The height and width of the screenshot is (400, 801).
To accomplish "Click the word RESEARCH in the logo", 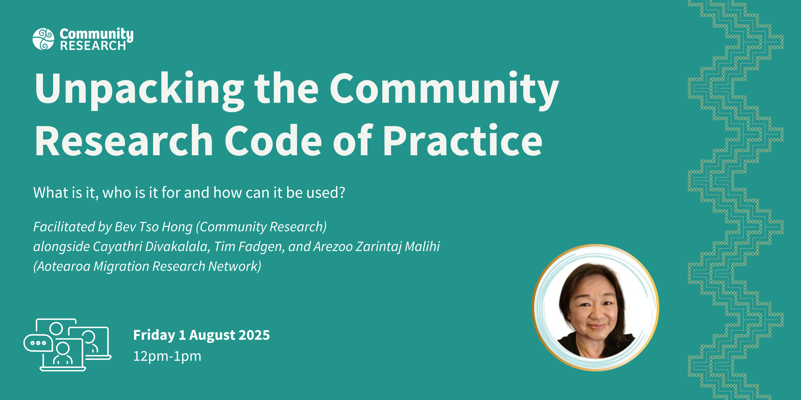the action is click(x=93, y=46).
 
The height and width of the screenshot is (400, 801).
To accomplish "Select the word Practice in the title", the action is click(x=463, y=140).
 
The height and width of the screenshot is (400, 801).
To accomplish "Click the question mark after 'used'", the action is click(x=342, y=192).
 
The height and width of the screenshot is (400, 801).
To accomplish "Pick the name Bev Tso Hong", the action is click(x=154, y=227).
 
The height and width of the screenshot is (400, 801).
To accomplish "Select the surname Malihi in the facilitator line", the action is click(x=422, y=246).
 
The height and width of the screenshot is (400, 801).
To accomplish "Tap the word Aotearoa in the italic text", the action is click(x=63, y=266).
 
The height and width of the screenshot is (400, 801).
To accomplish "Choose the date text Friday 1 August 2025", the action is click(x=202, y=335).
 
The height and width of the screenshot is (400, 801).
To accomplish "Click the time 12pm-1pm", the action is click(x=167, y=356).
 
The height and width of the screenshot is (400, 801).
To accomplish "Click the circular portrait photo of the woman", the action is click(x=595, y=307).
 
